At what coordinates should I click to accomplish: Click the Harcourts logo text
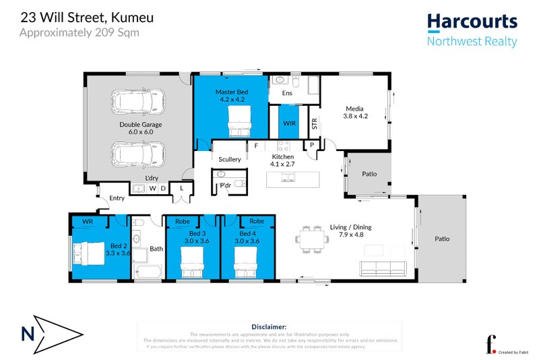(472, 21)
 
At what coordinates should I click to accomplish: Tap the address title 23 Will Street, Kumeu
(84, 16)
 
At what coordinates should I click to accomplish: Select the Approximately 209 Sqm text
(80, 32)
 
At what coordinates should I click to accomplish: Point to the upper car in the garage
(137, 102)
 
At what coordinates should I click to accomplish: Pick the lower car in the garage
(137, 155)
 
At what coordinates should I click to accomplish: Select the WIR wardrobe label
(289, 124)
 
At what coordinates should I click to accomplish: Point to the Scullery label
(230, 159)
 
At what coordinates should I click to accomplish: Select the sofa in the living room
(384, 268)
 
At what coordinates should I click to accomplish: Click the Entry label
(117, 198)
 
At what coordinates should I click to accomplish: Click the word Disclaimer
(268, 326)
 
